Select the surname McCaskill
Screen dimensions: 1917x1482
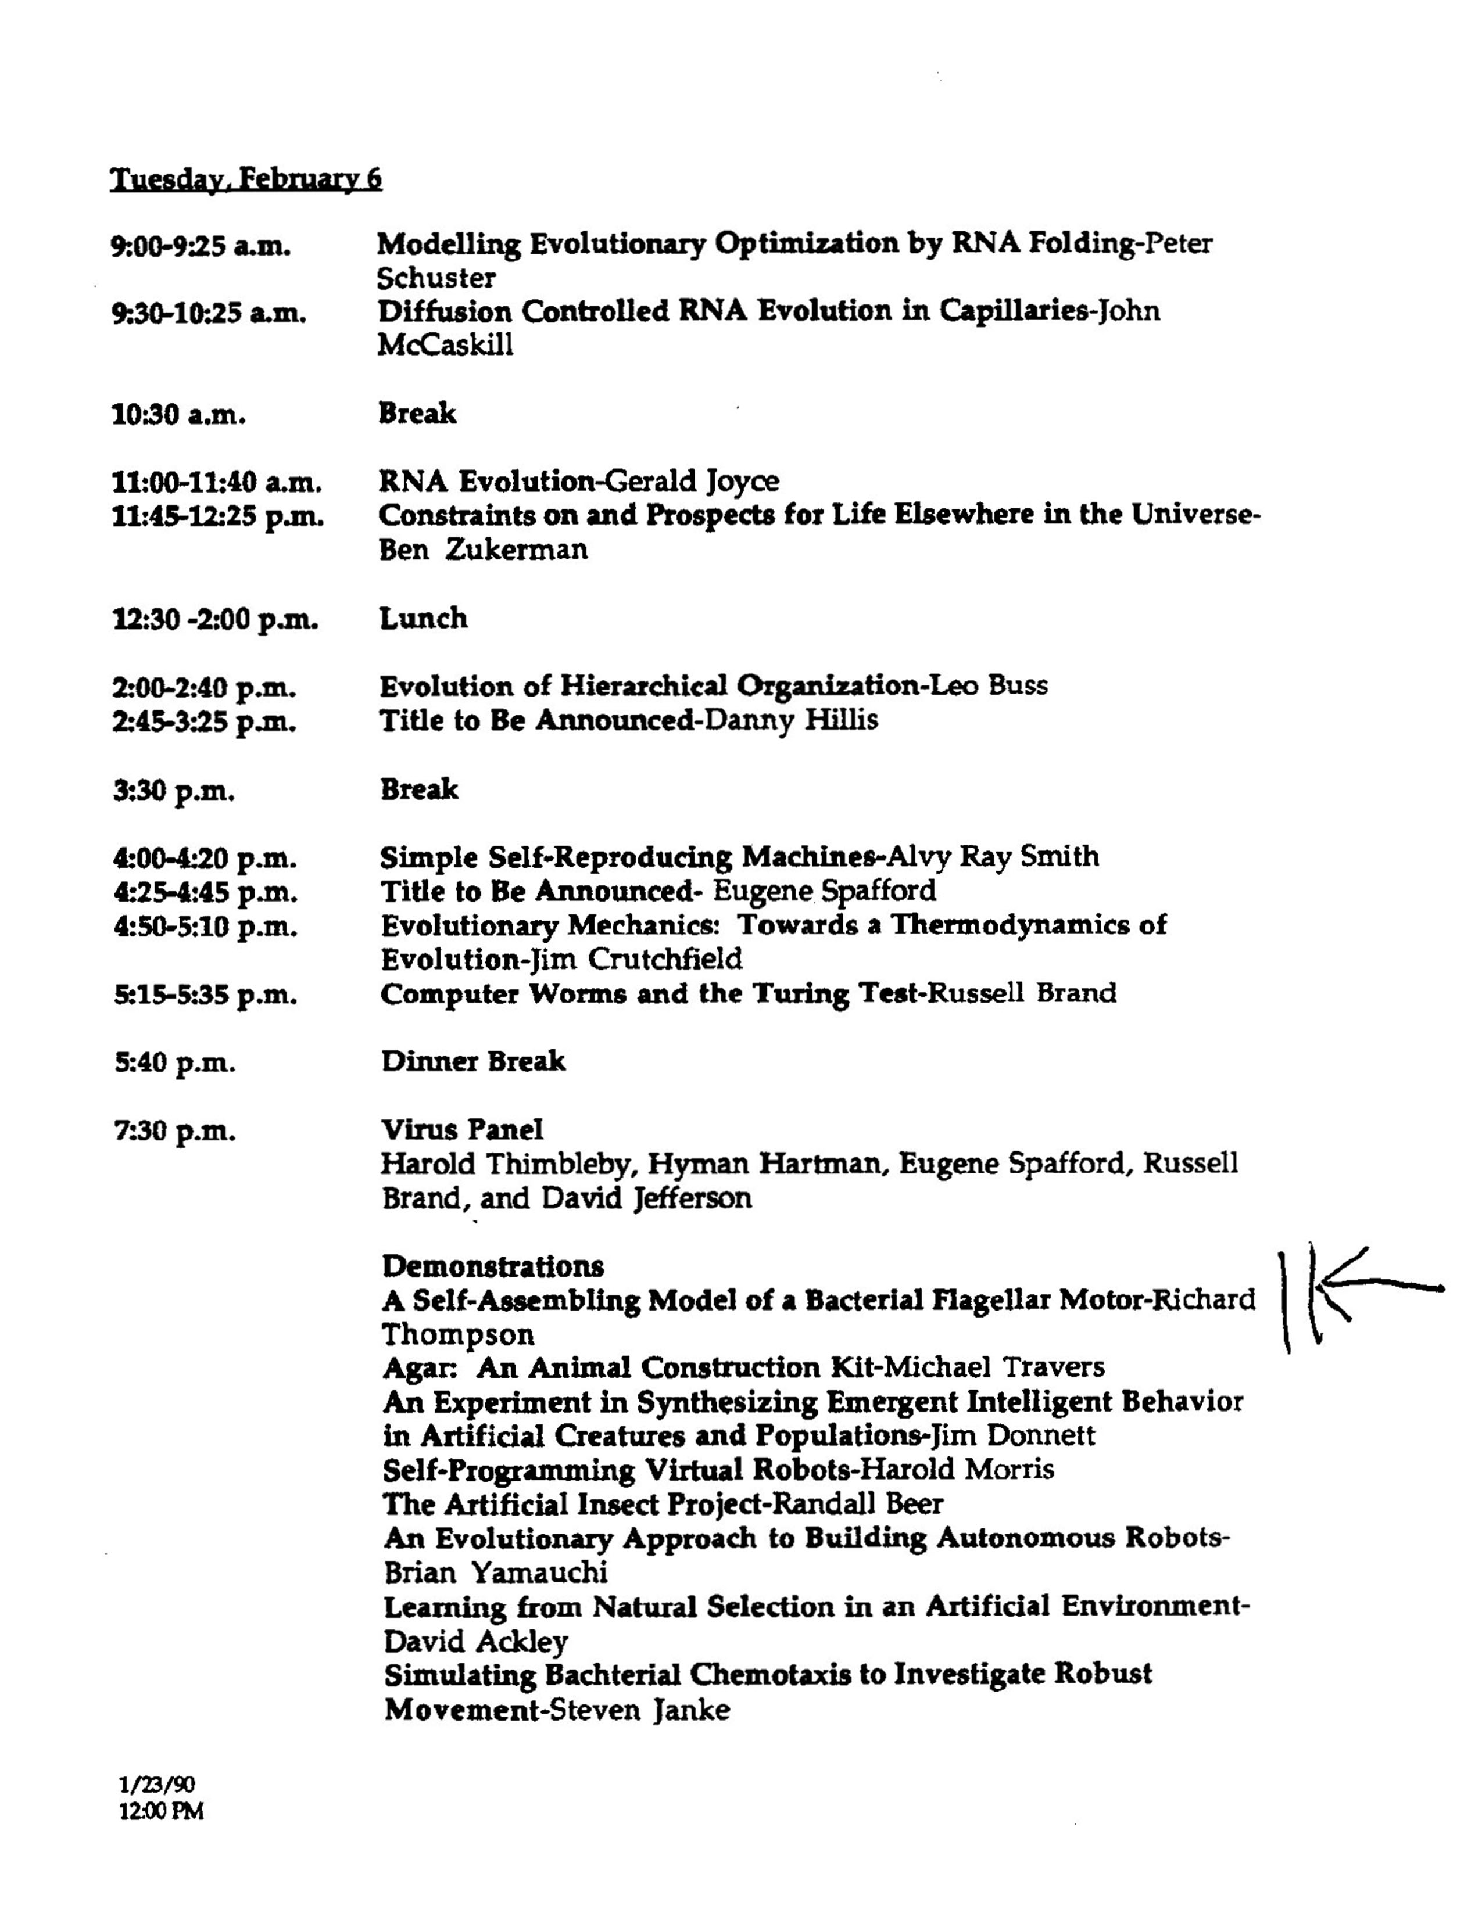coord(445,345)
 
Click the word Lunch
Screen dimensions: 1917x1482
coord(423,618)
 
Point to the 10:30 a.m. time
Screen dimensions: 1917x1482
coord(178,414)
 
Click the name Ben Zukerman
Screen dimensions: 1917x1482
coord(483,550)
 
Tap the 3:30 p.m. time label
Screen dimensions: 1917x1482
coord(174,791)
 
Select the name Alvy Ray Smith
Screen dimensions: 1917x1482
coord(993,856)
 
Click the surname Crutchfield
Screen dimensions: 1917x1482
coord(665,958)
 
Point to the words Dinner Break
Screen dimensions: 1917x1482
coord(473,1061)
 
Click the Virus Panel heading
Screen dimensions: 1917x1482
coord(463,1130)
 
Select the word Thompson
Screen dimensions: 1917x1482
coord(457,1334)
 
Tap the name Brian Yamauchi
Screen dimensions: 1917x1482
coord(496,1571)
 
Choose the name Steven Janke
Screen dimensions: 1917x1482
coord(639,1710)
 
